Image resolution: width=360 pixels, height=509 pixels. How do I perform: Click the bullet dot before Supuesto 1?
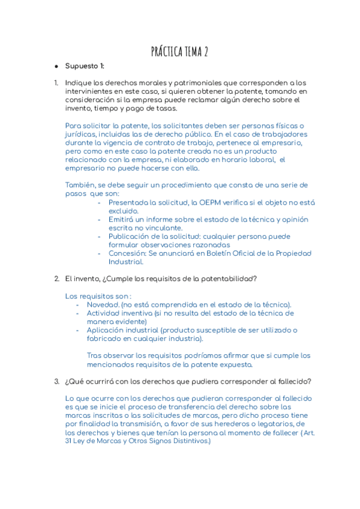56,66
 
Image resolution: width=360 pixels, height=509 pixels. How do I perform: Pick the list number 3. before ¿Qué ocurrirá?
56,382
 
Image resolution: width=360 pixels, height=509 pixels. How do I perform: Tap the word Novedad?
103,304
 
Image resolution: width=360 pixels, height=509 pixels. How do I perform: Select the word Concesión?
128,253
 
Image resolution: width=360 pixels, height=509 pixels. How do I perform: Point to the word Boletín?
220,253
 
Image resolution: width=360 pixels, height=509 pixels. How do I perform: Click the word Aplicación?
108,330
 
